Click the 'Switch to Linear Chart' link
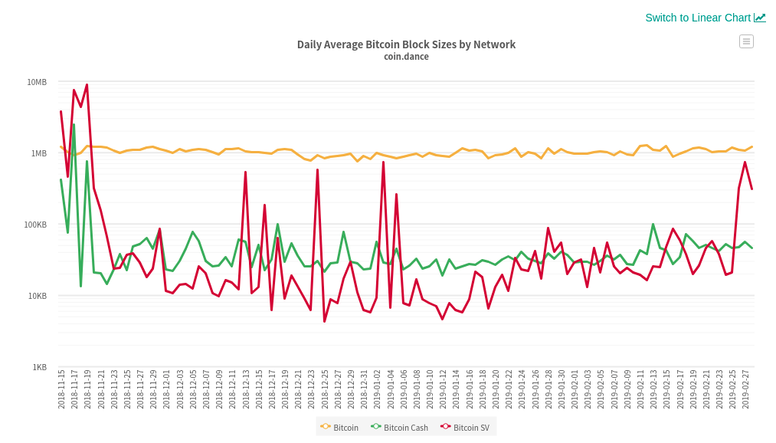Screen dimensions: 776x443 click(x=706, y=18)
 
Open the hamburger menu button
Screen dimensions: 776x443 click(x=746, y=41)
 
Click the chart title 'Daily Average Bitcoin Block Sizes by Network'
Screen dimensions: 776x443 click(x=406, y=44)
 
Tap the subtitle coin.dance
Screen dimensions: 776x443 click(x=406, y=57)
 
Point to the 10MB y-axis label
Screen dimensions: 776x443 click(x=37, y=82)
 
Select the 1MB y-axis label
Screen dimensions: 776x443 click(x=39, y=153)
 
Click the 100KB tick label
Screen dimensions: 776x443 click(x=36, y=225)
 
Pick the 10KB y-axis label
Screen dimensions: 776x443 click(x=38, y=296)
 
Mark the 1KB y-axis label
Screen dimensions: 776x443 click(x=40, y=367)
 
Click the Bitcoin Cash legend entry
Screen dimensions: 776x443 click(x=399, y=428)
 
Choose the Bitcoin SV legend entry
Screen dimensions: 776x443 click(x=465, y=428)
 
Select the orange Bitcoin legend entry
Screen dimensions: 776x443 click(x=339, y=428)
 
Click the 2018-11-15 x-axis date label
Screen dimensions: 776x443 click(x=62, y=389)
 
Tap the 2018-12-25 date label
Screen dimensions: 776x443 click(x=325, y=389)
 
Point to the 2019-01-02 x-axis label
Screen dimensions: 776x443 click(x=378, y=389)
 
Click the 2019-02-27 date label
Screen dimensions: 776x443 click(x=746, y=389)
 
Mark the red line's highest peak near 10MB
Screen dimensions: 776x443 click(x=87, y=84)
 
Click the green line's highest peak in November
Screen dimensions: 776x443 click(x=74, y=125)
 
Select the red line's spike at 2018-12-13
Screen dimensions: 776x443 click(x=245, y=172)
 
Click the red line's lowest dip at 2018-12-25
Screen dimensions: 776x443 click(x=325, y=321)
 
